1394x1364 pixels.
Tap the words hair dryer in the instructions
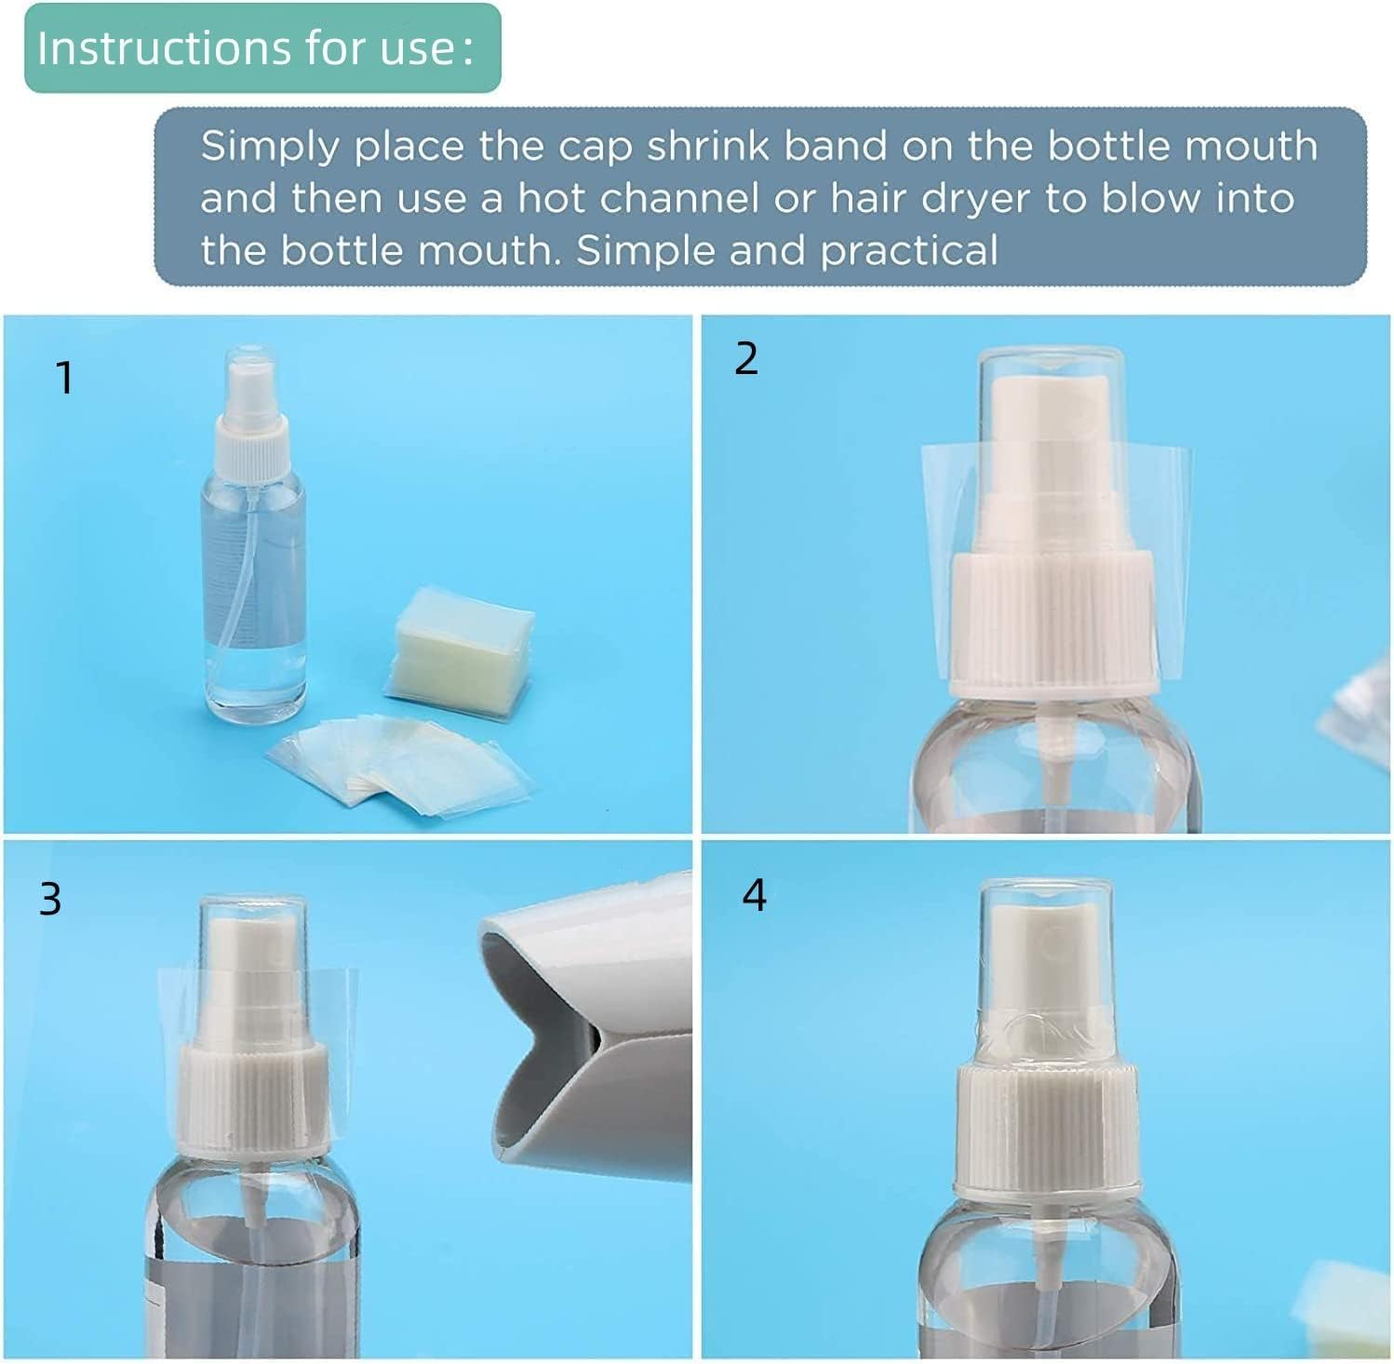tap(931, 198)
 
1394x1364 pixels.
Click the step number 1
tap(63, 378)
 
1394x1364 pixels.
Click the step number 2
tap(746, 359)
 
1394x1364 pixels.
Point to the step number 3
tap(50, 899)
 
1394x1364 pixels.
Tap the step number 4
tap(754, 895)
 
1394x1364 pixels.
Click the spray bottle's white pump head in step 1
tap(251, 419)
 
